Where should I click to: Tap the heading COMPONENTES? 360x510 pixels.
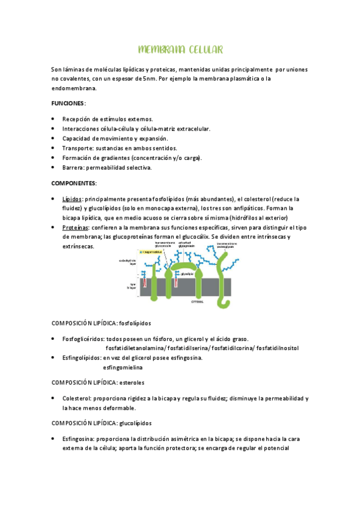tap(74, 182)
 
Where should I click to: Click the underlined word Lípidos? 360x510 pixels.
tap(72, 198)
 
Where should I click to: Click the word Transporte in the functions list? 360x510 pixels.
tap(78, 148)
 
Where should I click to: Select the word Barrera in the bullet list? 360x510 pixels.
tap(73, 167)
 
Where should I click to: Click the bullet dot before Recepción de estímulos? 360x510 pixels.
tap(54, 119)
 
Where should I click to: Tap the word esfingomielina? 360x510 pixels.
tap(126, 367)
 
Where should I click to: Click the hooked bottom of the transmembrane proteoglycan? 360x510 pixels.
tap(225, 299)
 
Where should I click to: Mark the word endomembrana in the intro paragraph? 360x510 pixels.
tap(74, 88)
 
